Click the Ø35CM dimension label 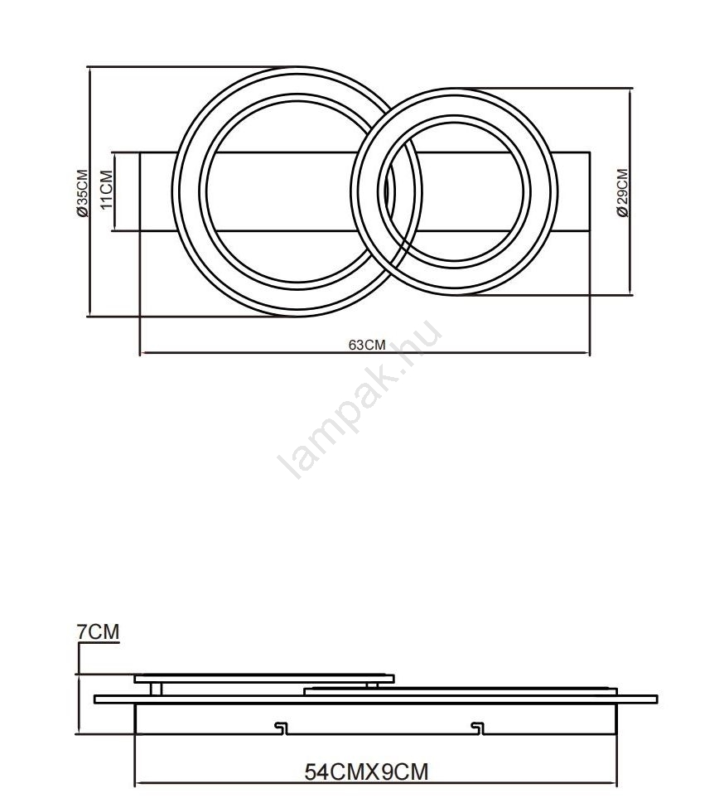click(x=82, y=193)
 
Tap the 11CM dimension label click(x=107, y=189)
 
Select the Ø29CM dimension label click(x=622, y=193)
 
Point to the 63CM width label click(x=367, y=345)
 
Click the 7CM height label click(x=98, y=631)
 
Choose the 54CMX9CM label click(x=366, y=772)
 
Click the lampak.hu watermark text click(x=360, y=399)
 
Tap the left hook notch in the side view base click(x=281, y=728)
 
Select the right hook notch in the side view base click(x=477, y=728)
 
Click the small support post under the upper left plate click(x=157, y=689)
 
